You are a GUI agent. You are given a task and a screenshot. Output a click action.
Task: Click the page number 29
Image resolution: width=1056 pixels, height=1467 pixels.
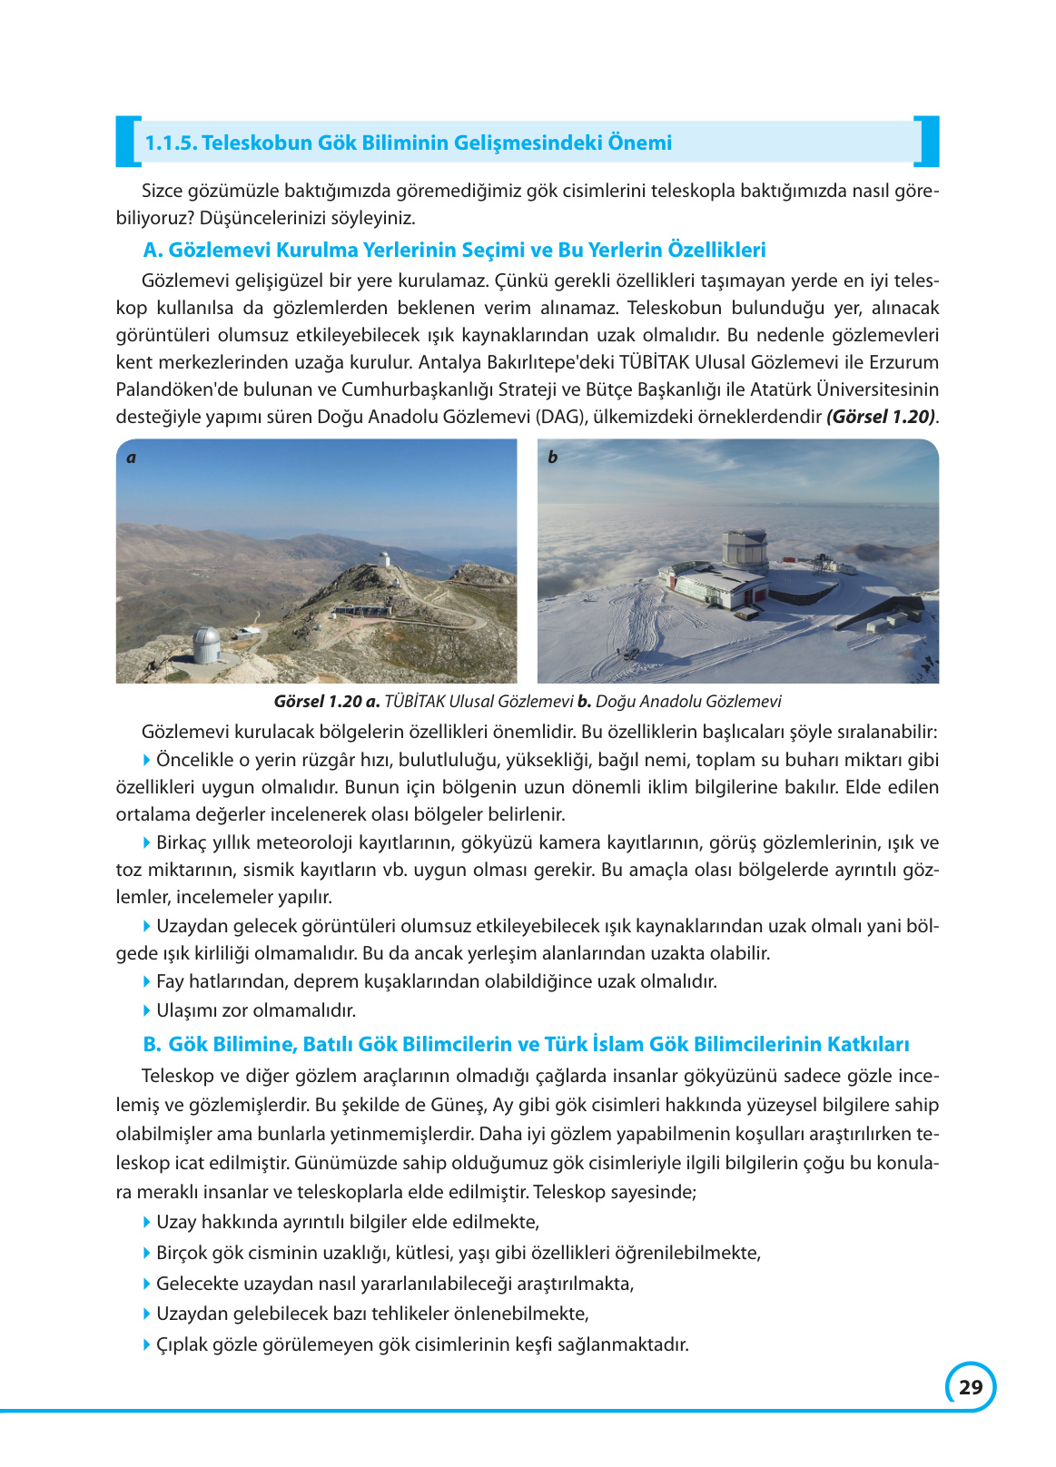(970, 1387)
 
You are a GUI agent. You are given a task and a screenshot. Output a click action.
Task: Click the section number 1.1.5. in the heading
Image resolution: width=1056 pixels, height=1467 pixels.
(171, 143)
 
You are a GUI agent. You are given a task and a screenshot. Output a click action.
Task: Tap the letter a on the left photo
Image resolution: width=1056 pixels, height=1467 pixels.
(132, 458)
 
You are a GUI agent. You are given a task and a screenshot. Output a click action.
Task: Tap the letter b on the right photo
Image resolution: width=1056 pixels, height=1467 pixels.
(552, 458)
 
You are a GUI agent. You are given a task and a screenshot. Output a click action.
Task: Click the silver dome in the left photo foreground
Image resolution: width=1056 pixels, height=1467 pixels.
(206, 645)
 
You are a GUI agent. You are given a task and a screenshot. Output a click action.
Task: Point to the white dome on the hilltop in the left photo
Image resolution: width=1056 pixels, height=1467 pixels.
(385, 556)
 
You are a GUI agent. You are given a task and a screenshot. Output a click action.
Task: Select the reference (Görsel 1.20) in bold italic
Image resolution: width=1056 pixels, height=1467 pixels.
(880, 417)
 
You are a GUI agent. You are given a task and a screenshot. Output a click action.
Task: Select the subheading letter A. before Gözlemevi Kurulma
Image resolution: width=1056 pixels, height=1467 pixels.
(153, 250)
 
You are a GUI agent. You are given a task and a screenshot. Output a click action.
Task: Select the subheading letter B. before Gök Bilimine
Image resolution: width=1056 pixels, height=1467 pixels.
(152, 1044)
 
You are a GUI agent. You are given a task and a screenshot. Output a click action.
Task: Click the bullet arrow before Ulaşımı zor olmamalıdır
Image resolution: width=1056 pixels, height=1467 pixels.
(147, 1010)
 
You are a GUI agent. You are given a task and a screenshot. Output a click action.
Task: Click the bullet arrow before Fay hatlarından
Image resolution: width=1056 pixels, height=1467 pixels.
(147, 981)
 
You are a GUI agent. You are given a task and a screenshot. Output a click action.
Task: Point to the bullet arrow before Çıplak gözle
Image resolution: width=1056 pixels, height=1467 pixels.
(147, 1344)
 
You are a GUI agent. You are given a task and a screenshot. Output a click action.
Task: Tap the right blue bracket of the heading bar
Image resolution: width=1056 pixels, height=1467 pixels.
(927, 142)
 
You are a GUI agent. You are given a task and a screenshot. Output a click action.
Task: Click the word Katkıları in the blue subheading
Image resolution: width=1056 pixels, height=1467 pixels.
(867, 1044)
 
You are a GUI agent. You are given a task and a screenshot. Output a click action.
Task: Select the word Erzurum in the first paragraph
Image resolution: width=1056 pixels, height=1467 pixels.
(903, 362)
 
